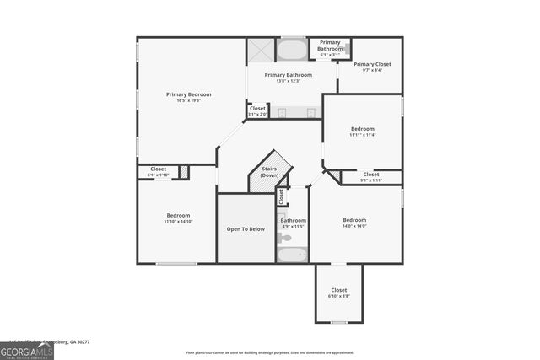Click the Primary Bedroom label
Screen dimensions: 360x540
(x=188, y=94)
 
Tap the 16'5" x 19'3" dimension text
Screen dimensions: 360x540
(x=188, y=101)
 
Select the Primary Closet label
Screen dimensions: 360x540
(x=372, y=64)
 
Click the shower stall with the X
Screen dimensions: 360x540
(x=260, y=51)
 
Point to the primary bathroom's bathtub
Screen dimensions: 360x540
(x=292, y=51)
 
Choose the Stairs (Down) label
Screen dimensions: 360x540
(x=270, y=172)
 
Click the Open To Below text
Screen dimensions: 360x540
(x=246, y=228)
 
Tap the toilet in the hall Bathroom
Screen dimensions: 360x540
(x=285, y=239)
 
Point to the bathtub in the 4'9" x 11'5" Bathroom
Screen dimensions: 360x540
(x=293, y=254)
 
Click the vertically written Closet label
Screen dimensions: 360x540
(x=282, y=197)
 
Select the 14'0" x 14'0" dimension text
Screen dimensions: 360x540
(x=354, y=226)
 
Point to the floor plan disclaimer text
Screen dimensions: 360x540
(x=270, y=353)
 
